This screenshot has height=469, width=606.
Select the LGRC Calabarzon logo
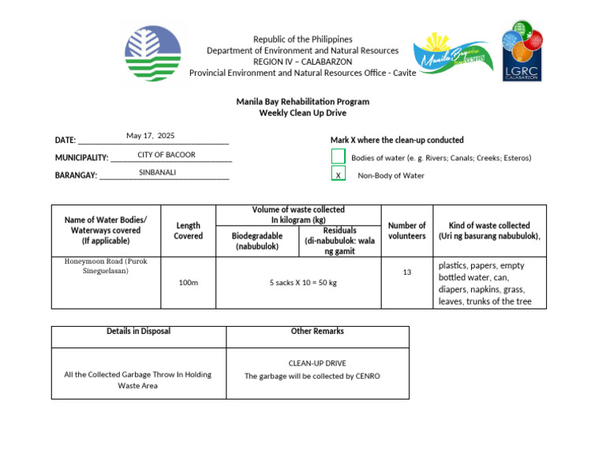[x=522, y=51]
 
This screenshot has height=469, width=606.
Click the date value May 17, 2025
[x=150, y=136]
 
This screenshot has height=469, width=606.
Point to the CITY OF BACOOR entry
[x=166, y=155]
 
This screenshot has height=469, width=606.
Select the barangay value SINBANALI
[x=157, y=172]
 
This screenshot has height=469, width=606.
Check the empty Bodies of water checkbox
[x=338, y=157]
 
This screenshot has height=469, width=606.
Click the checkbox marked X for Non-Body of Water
[x=338, y=175]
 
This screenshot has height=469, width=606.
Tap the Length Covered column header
[x=188, y=231]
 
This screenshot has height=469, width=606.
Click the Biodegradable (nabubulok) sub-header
[x=256, y=241]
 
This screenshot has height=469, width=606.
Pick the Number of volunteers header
[x=406, y=231]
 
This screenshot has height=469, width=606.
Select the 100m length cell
[x=188, y=282]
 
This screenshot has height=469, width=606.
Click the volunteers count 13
[x=406, y=272]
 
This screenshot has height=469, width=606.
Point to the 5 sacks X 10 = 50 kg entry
[x=303, y=282]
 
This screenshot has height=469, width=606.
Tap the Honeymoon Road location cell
[x=105, y=266]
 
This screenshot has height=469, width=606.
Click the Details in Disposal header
[x=138, y=332]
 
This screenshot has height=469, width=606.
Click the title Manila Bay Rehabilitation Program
[x=302, y=102]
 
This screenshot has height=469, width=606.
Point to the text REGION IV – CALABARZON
[x=302, y=62]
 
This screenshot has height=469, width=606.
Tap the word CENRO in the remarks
[x=367, y=377]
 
